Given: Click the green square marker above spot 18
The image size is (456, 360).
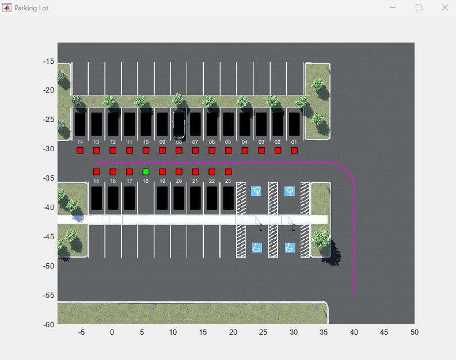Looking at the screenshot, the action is point(146,171).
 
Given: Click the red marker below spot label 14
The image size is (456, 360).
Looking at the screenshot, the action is point(80,150).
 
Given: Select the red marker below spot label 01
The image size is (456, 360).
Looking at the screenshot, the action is point(294,150).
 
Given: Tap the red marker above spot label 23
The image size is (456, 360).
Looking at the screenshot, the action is point(229,171).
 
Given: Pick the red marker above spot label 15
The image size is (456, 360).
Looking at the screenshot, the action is point(97,171).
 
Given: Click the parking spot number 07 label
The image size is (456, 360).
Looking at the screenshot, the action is point(195,141).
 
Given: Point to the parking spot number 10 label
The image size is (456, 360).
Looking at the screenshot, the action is point(146,141).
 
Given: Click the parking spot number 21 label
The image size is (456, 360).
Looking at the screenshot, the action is point(195,181).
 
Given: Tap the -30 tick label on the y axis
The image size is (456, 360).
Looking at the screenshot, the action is point(48,148).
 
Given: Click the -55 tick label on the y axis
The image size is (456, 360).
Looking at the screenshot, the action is point(48,295).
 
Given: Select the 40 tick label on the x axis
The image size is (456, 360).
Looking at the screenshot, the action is point(354,332).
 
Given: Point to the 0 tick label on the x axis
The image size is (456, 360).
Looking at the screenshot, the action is point(112,332).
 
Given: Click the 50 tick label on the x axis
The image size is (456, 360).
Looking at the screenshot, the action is point(415,332).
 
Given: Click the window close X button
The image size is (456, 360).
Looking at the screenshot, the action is point(444,7).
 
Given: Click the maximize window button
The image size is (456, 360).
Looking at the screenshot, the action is point(419,7).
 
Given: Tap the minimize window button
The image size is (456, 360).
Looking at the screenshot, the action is point(393,7).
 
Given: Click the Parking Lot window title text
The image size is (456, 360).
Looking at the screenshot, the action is point(31,8).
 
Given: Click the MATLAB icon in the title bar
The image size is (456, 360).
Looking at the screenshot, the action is point(7,8).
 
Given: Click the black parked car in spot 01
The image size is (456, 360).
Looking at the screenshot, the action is point(294,124).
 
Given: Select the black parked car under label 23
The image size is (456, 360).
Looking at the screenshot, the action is point(229,198).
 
